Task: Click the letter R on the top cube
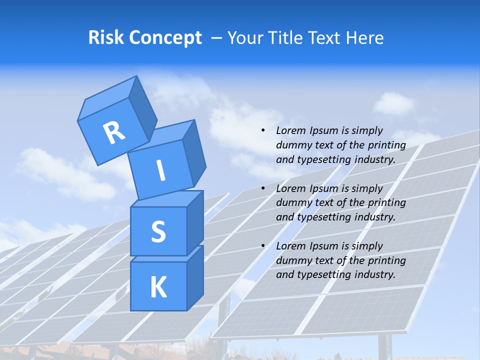click(114, 132)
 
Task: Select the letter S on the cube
click(158, 231)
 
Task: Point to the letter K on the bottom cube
click(158, 287)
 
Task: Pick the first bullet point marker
click(263, 130)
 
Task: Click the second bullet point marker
click(263, 188)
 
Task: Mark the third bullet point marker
click(263, 246)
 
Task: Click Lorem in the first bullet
click(289, 130)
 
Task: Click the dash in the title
click(217, 38)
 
